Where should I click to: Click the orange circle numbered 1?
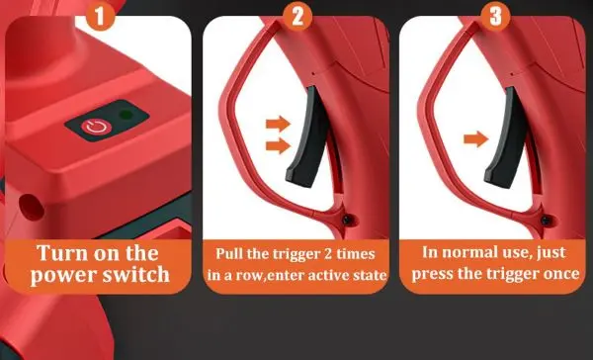(x=100, y=16)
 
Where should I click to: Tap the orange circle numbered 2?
(x=297, y=16)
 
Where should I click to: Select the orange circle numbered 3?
(x=495, y=16)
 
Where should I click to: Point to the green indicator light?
(x=126, y=115)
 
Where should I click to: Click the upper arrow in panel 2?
(x=278, y=124)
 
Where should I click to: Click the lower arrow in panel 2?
(x=278, y=145)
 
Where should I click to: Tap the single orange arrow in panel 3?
(x=475, y=138)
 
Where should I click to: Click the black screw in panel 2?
(x=347, y=220)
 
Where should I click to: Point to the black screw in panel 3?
(x=545, y=220)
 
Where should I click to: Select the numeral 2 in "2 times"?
(x=328, y=253)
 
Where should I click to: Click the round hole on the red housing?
(x=32, y=207)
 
